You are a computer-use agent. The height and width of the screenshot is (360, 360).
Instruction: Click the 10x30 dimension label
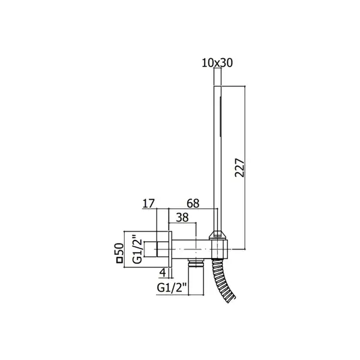[217, 62]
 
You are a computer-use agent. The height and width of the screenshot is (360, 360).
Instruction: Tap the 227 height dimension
[239, 167]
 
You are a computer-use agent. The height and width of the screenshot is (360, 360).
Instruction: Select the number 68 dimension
[193, 203]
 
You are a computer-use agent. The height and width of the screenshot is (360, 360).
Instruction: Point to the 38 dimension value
[182, 217]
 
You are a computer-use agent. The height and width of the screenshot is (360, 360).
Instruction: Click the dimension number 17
[149, 203]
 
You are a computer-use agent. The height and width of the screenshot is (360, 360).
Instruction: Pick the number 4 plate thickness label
[163, 272]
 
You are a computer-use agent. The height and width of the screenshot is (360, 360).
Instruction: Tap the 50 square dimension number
[119, 250]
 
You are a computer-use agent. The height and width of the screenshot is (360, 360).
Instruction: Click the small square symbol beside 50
[119, 260]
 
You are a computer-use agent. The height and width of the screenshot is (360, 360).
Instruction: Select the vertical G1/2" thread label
[137, 248]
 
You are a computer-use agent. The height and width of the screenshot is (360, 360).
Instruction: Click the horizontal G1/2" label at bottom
[172, 287]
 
